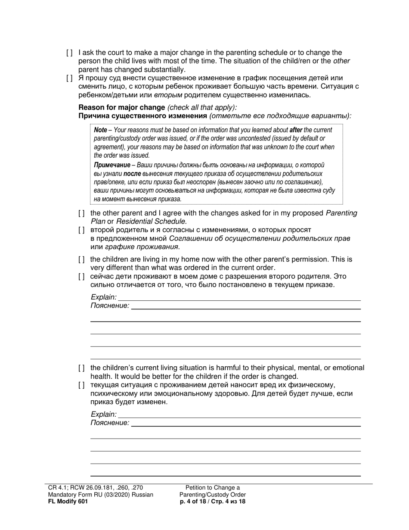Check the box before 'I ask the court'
(x=69, y=53)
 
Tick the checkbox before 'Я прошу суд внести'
(x=69, y=78)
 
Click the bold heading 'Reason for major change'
(x=122, y=107)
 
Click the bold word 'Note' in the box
(x=100, y=130)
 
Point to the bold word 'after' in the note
(x=296, y=130)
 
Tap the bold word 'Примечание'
(x=112, y=165)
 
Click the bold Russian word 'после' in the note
(x=132, y=174)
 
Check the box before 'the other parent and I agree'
(x=81, y=213)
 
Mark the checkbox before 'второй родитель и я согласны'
(x=81, y=230)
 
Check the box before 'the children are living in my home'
(x=81, y=259)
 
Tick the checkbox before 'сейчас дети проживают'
(x=81, y=276)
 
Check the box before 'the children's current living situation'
(x=81, y=368)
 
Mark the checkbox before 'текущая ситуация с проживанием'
(x=81, y=385)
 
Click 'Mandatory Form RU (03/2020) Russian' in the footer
(x=101, y=495)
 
